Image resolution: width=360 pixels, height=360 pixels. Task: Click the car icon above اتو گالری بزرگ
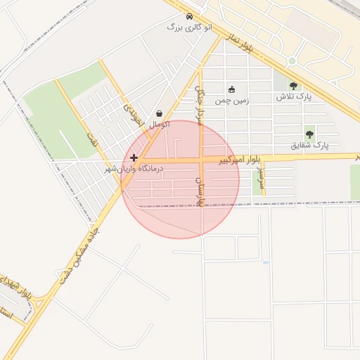coord(189,16)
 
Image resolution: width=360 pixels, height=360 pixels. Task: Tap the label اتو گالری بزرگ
coord(184,27)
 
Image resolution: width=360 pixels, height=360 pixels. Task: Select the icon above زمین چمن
coord(233,89)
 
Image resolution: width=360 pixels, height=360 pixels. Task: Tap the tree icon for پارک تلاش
coord(293,86)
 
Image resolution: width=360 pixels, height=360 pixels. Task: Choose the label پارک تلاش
coord(293,96)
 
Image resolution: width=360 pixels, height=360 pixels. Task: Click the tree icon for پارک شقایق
coord(309,134)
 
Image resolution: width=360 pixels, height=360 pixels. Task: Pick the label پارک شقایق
coord(310,146)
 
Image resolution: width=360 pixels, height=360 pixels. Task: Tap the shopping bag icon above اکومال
coord(160,113)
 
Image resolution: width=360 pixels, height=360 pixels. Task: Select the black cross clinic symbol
coord(134,158)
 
